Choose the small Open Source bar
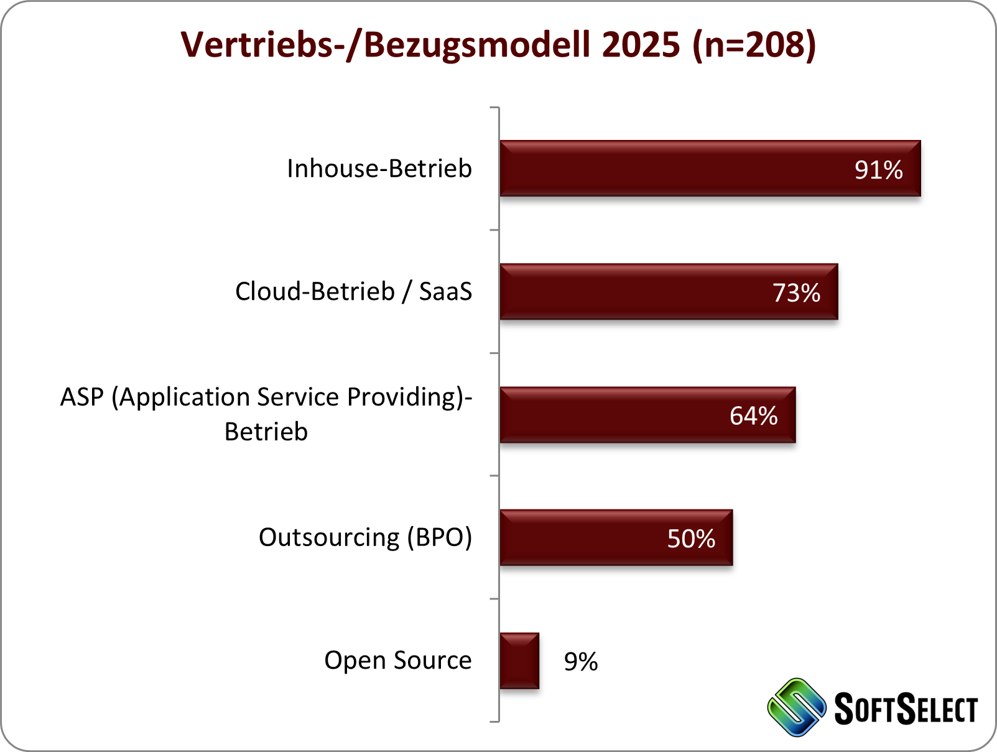click(x=519, y=661)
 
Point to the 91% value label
click(x=878, y=170)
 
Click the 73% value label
click(x=796, y=293)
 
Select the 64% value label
click(x=753, y=416)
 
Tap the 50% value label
click(x=691, y=539)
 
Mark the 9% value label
click(x=581, y=662)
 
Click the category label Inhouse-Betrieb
click(x=379, y=169)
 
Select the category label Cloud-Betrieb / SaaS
click(x=353, y=292)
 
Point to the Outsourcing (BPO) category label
click(x=365, y=537)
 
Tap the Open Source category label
click(x=398, y=661)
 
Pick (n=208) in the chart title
click(x=754, y=45)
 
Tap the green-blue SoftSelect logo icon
click(x=797, y=708)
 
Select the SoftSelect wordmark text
click(x=906, y=709)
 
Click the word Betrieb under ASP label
click(x=266, y=432)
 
